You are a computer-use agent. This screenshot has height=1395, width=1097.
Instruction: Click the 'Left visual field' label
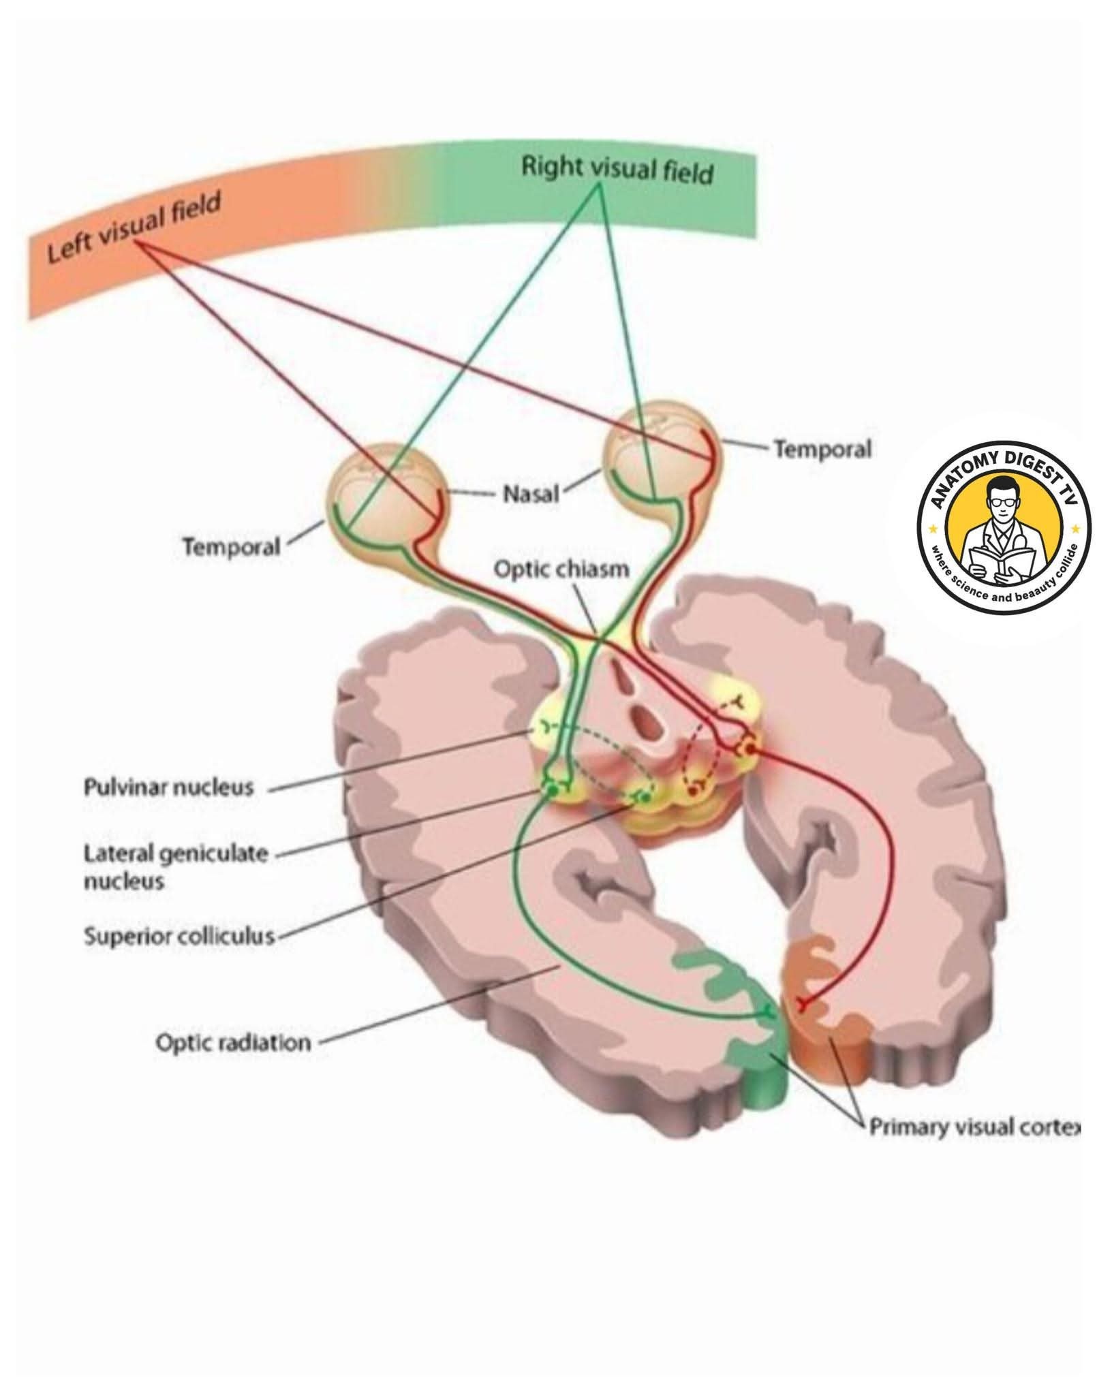pos(135,228)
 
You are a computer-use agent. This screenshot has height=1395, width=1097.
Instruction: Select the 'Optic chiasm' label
pos(561,569)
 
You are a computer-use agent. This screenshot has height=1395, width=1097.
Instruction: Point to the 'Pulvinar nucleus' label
pos(168,787)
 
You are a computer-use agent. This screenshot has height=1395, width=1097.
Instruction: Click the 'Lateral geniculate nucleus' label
pos(176,867)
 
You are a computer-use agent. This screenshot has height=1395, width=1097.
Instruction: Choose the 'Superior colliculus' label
pos(179,937)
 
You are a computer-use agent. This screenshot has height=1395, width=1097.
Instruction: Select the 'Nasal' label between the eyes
pos(531,494)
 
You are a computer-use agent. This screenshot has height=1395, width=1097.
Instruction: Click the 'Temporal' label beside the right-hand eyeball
pos(823,450)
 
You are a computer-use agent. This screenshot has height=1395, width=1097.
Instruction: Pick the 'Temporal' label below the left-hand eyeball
pos(231,547)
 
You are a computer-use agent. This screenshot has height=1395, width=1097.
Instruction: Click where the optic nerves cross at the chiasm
pos(598,636)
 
